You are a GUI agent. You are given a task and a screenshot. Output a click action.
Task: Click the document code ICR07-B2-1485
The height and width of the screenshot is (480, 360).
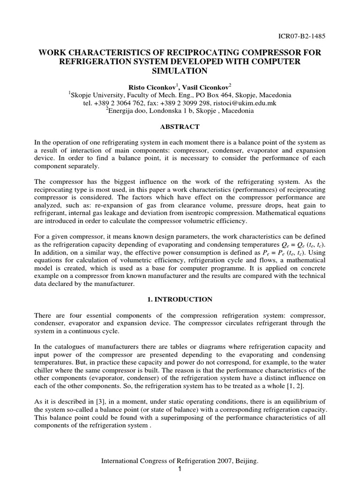click(x=302, y=36)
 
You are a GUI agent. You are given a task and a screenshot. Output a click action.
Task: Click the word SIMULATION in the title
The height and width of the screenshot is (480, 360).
click(x=180, y=71)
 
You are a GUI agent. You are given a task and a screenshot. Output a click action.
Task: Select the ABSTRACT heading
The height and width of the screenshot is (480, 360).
click(x=180, y=127)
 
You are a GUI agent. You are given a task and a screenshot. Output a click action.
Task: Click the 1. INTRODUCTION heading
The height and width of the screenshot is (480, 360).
click(x=180, y=300)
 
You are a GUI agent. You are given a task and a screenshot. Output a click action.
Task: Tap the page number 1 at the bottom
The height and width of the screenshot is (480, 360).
click(x=180, y=469)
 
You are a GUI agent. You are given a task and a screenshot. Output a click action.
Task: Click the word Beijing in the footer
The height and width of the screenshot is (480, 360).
click(x=246, y=462)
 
